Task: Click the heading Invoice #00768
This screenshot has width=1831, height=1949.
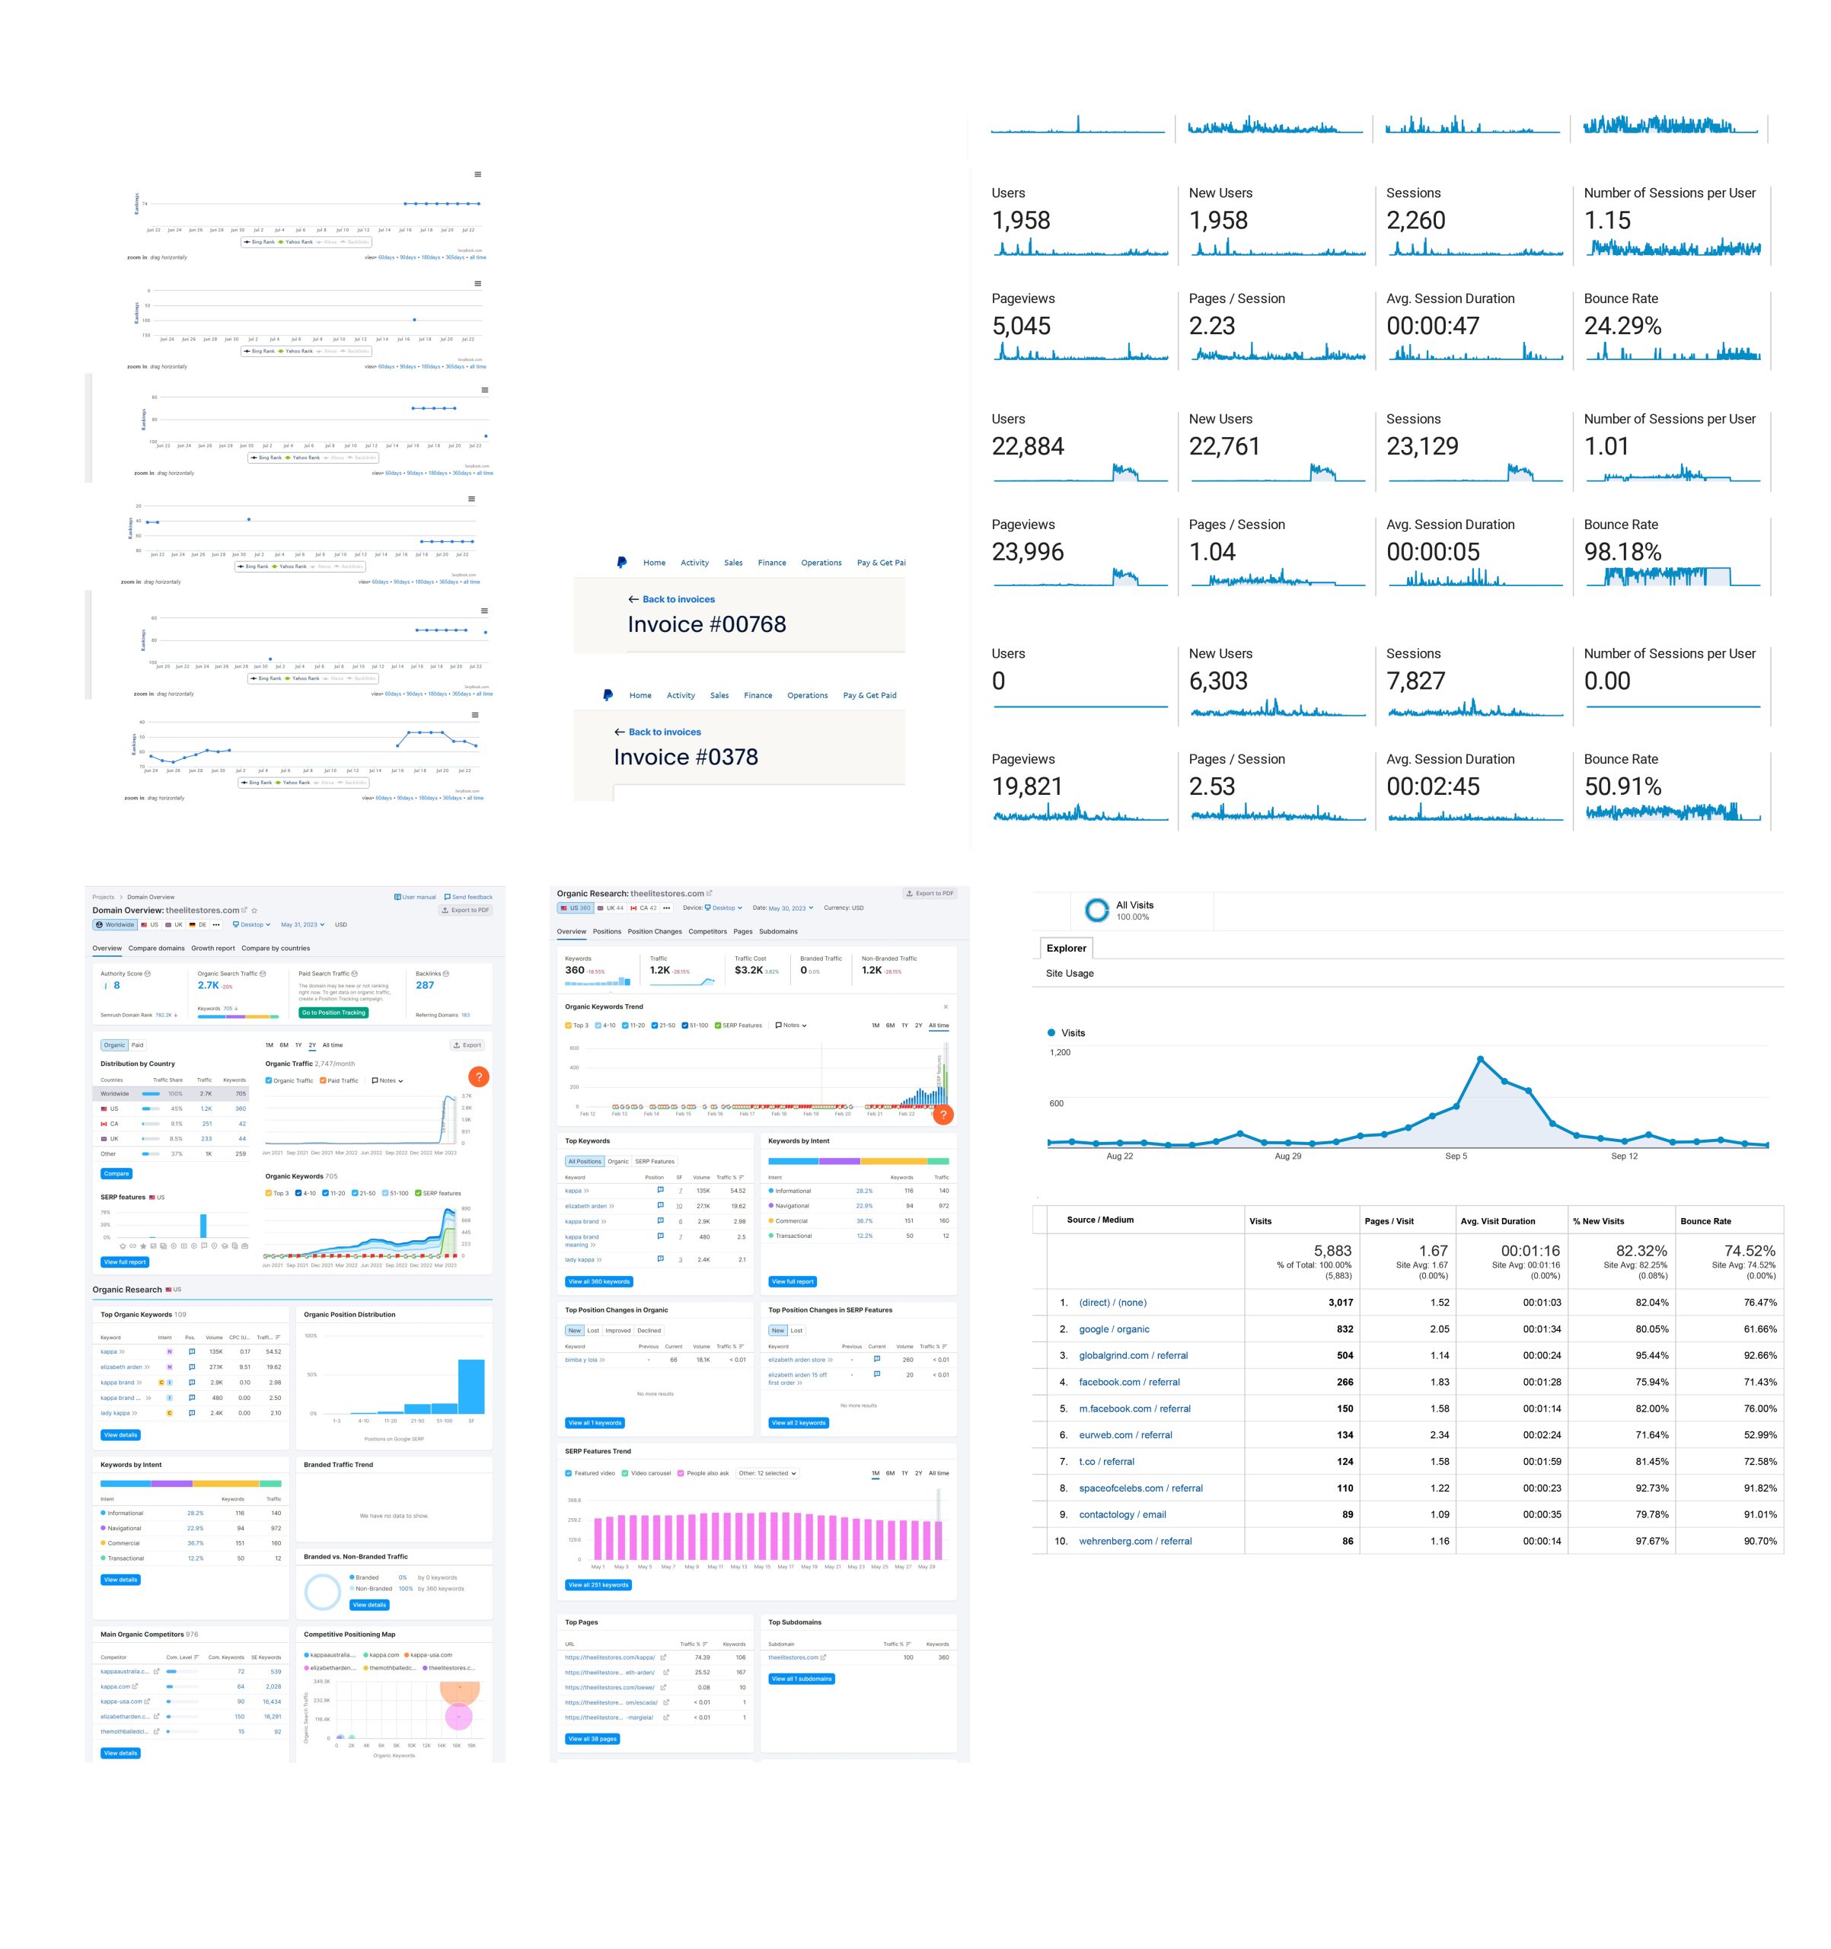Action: coord(706,624)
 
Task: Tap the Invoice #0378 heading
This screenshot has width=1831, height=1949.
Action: coord(685,757)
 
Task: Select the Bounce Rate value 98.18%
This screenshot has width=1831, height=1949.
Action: coord(1622,552)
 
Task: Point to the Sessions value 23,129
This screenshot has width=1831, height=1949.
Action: coord(1421,446)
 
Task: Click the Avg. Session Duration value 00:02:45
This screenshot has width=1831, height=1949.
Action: coord(1432,786)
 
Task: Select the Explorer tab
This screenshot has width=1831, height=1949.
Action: coord(1065,948)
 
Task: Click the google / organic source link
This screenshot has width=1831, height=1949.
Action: coord(1114,1329)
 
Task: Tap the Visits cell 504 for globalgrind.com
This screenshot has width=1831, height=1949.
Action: coord(1344,1356)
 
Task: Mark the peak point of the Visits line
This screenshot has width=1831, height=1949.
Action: coord(1479,1059)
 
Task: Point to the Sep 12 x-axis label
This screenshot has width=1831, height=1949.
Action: coord(1624,1156)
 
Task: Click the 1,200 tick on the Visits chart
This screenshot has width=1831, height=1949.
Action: coord(1060,1052)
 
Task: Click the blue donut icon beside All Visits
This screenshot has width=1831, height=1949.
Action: coord(1096,910)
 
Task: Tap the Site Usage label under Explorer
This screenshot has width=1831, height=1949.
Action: coord(1070,974)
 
